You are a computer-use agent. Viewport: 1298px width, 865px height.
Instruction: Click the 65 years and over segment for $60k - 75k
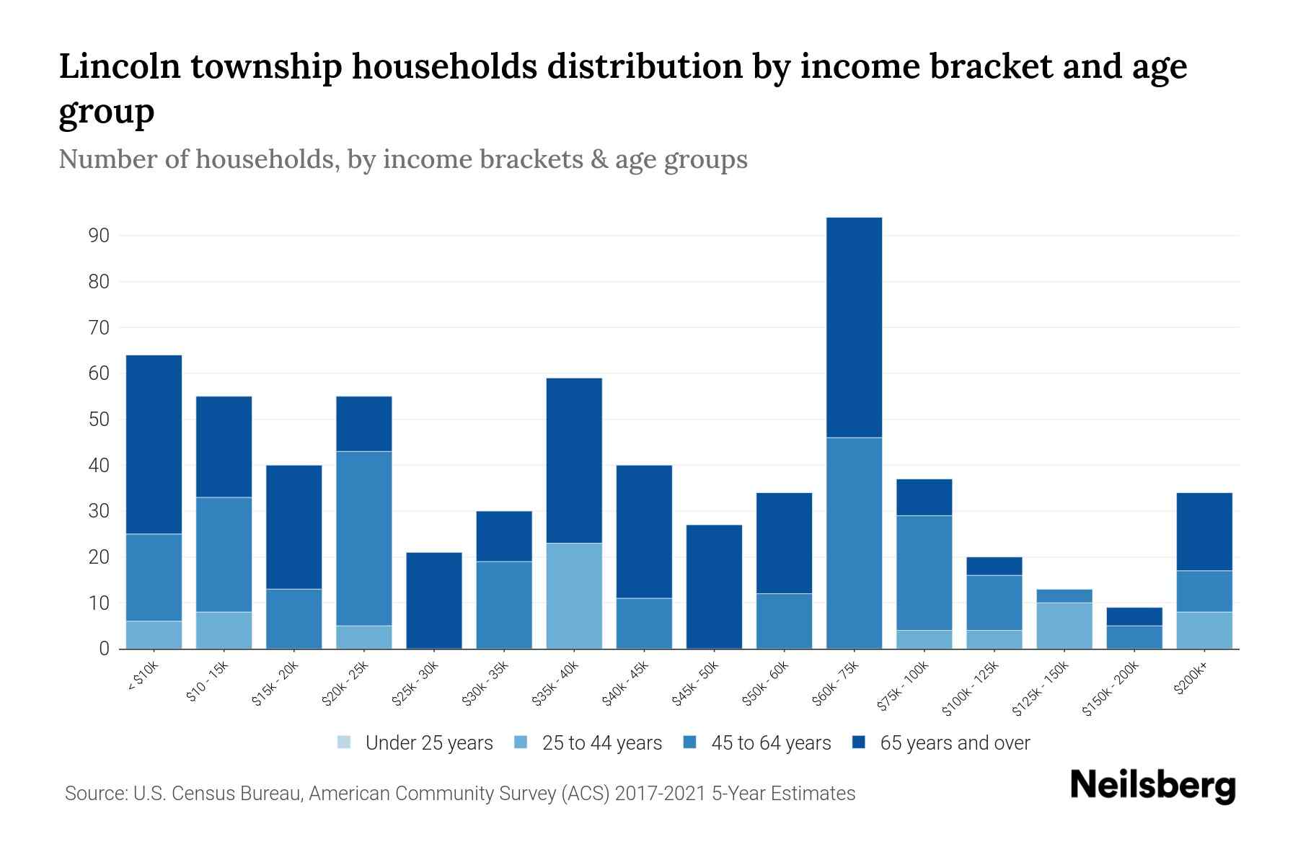pyautogui.click(x=854, y=327)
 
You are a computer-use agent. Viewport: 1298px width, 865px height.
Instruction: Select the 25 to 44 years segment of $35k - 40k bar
pyautogui.click(x=574, y=595)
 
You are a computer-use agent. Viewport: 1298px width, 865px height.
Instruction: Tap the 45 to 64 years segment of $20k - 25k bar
pyautogui.click(x=364, y=538)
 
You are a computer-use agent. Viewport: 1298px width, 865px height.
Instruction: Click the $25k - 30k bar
pyautogui.click(x=434, y=600)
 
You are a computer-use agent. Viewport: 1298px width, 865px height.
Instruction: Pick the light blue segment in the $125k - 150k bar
pyautogui.click(x=1064, y=625)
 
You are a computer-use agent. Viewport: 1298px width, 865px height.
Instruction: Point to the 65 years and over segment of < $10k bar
pyautogui.click(x=154, y=444)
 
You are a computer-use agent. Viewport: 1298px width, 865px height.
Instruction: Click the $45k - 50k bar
pyautogui.click(x=714, y=587)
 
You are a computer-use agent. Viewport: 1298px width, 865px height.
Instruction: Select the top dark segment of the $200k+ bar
pyautogui.click(x=1204, y=531)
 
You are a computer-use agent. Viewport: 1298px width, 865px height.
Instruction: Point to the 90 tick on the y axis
pyautogui.click(x=99, y=236)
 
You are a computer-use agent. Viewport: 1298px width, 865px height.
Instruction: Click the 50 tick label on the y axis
pyautogui.click(x=99, y=420)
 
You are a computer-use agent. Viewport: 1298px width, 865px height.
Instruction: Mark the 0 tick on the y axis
pyautogui.click(x=104, y=649)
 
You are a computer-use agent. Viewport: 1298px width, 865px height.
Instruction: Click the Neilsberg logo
pyautogui.click(x=1152, y=786)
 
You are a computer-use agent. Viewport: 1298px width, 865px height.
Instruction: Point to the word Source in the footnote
pyautogui.click(x=94, y=794)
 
